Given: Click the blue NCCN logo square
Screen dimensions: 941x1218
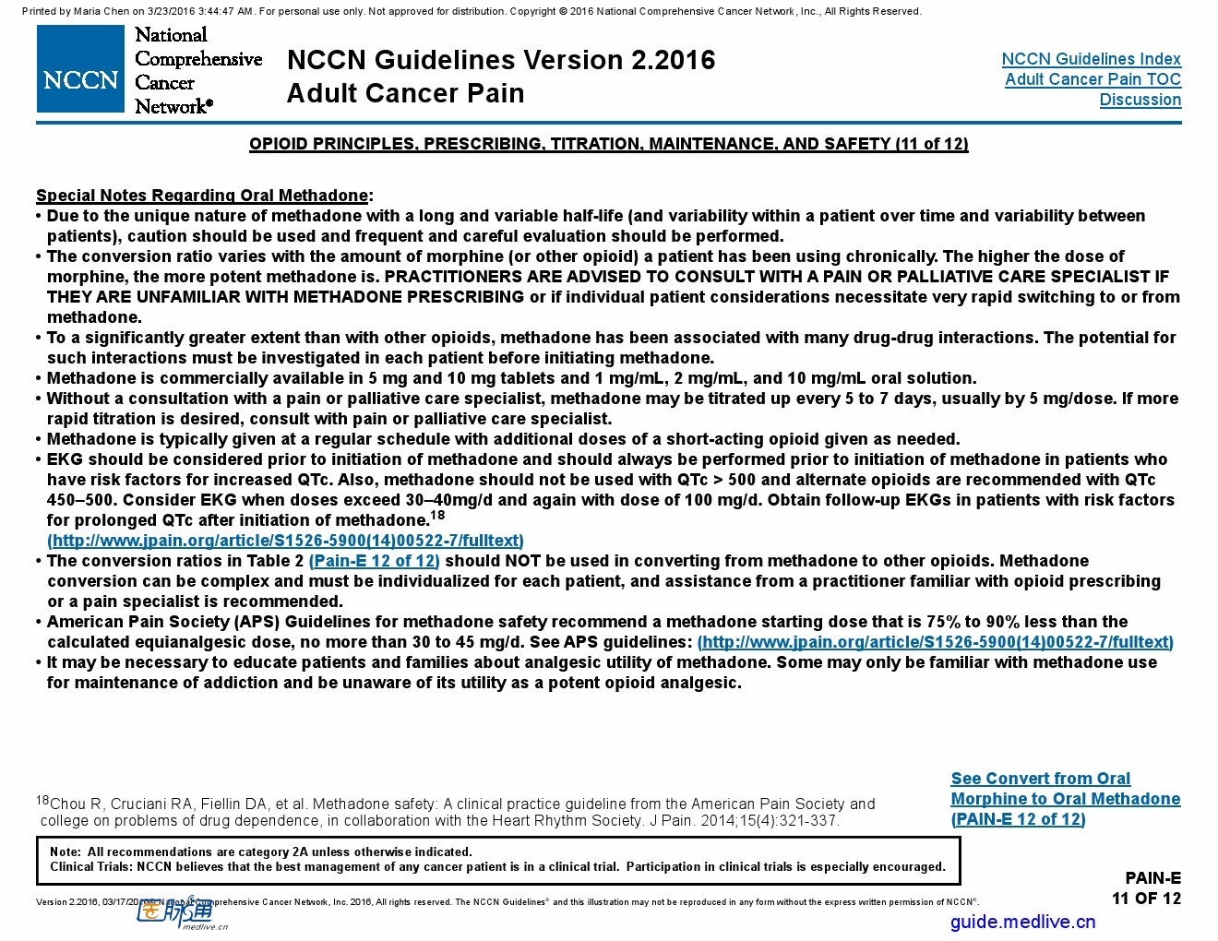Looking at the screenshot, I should coord(80,68).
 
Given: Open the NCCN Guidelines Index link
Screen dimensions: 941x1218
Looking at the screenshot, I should coord(1091,59).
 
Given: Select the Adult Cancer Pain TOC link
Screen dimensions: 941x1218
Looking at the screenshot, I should coord(1093,79).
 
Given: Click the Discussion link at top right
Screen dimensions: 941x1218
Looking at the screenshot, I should coord(1140,100).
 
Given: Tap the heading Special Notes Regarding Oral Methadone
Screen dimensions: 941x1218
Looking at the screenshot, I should coord(202,196).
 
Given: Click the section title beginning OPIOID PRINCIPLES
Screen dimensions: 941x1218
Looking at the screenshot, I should coord(608,144).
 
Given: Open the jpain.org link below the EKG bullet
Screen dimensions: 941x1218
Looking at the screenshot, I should coord(285,541).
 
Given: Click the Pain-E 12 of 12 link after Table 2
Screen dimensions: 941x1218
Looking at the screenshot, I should coord(375,561).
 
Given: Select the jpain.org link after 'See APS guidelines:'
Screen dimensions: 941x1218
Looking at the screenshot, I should coord(935,642).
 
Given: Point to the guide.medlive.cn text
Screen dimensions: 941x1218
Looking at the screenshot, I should coord(1022,921).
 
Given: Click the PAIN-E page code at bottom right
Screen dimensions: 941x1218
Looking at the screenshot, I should coord(1152,878).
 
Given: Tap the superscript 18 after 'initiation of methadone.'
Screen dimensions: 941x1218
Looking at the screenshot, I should coord(437,516).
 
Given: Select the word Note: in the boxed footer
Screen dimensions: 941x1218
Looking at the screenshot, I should coord(65,852).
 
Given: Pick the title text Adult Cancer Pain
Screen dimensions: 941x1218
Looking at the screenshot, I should coord(405,93).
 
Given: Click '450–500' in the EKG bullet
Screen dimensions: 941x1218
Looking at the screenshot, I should coord(81,500).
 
